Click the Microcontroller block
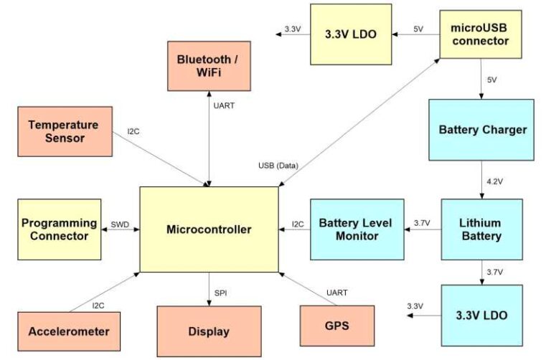209,229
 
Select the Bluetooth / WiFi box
209,65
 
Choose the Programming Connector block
59,229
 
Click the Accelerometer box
69,331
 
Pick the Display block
209,331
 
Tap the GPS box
336,326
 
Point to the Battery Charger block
481,130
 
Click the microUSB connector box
481,34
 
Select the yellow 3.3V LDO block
351,34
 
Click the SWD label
119,224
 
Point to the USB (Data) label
278,166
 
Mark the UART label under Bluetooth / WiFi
224,106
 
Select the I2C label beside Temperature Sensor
134,131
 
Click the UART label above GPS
336,292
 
